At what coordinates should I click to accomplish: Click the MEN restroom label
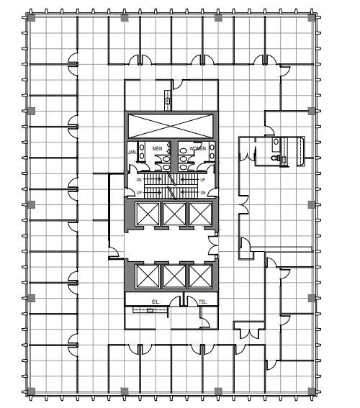point(158,149)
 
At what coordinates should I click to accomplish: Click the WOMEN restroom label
point(197,149)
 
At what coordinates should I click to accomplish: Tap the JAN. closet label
point(132,153)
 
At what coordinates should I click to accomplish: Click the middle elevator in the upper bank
point(172,214)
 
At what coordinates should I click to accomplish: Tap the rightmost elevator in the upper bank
point(198,214)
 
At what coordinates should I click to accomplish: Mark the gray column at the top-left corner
point(30,18)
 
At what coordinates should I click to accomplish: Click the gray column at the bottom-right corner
point(312,391)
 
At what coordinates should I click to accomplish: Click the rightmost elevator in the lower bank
point(198,276)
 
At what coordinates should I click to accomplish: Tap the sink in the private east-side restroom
point(275,143)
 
